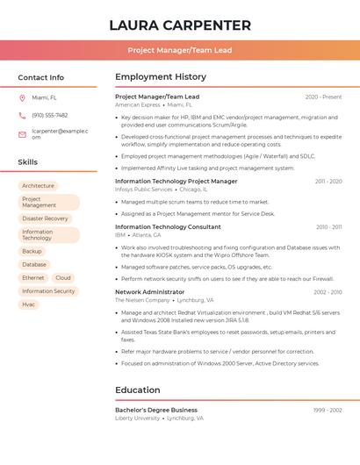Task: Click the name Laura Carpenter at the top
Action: (x=180, y=25)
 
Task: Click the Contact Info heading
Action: (x=40, y=77)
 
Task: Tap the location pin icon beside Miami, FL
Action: (x=22, y=98)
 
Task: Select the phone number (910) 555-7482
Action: (x=49, y=115)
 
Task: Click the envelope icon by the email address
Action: (x=22, y=134)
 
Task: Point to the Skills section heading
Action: (x=28, y=162)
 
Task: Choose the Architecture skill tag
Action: (x=38, y=186)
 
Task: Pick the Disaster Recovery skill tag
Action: (x=45, y=218)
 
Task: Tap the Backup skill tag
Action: (x=32, y=251)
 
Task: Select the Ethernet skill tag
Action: (x=33, y=277)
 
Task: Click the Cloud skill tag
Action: (x=63, y=277)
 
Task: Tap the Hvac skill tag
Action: (x=29, y=304)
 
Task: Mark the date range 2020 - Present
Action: (x=323, y=97)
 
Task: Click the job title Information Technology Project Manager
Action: (x=176, y=182)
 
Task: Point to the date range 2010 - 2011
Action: (x=328, y=227)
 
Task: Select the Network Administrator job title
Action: (x=149, y=292)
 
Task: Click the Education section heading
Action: (x=137, y=390)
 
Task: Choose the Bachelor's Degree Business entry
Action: (x=156, y=411)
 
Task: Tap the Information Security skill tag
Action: (x=48, y=291)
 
